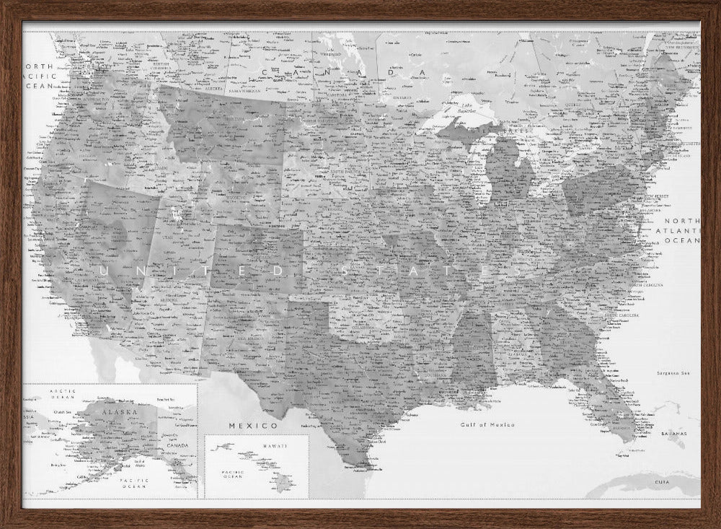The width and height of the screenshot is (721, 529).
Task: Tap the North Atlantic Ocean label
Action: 682,230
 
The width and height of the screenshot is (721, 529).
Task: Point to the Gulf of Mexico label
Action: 487,425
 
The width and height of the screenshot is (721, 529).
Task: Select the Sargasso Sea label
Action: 673,373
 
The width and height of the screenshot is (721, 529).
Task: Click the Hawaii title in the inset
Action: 274,447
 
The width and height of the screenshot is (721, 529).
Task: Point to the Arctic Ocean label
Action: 63,394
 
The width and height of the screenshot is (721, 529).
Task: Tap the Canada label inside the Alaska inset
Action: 177,445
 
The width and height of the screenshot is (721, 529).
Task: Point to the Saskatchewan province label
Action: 245,92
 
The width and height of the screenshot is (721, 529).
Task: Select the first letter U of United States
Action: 104,271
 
